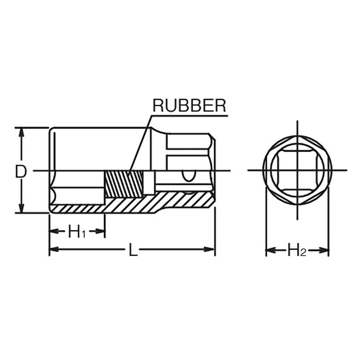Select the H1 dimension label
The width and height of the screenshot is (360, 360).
click(77, 232)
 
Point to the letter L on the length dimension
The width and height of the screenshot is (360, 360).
click(132, 250)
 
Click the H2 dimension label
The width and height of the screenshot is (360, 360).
click(297, 251)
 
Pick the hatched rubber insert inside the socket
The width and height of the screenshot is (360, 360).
click(124, 184)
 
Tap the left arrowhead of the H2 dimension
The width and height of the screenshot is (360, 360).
click(270, 250)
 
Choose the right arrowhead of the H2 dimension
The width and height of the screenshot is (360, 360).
click(324, 250)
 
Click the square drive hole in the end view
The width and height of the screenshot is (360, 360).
click(297, 170)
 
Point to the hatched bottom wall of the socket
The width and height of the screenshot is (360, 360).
click(135, 205)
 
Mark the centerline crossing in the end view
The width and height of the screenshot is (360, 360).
click(297, 170)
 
